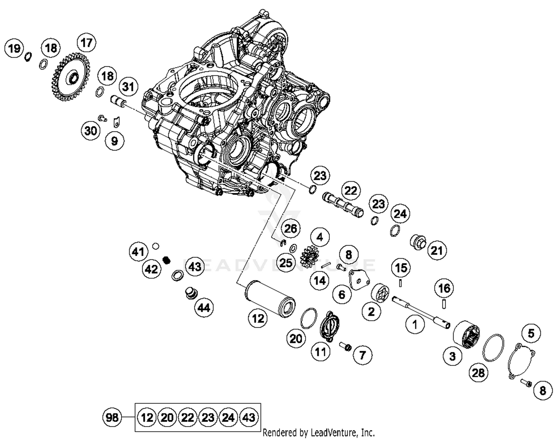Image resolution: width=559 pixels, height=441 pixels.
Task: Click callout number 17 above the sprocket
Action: (x=86, y=42)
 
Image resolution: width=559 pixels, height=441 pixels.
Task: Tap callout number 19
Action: (x=14, y=48)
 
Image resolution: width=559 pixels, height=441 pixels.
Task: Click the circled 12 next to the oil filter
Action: (x=258, y=318)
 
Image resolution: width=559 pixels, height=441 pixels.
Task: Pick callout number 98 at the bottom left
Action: (x=112, y=417)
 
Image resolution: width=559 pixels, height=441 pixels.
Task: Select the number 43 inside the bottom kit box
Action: (x=249, y=417)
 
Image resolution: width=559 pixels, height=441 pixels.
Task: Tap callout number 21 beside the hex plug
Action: (x=436, y=250)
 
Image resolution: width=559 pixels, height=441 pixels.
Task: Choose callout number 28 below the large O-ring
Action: (x=478, y=372)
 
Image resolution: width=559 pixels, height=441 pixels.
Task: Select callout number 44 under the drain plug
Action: (x=203, y=308)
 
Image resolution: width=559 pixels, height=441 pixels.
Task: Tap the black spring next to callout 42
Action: (x=167, y=260)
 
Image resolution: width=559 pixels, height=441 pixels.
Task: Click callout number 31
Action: (x=128, y=87)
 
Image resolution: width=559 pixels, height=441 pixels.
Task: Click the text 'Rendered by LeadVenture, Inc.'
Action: (x=319, y=433)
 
